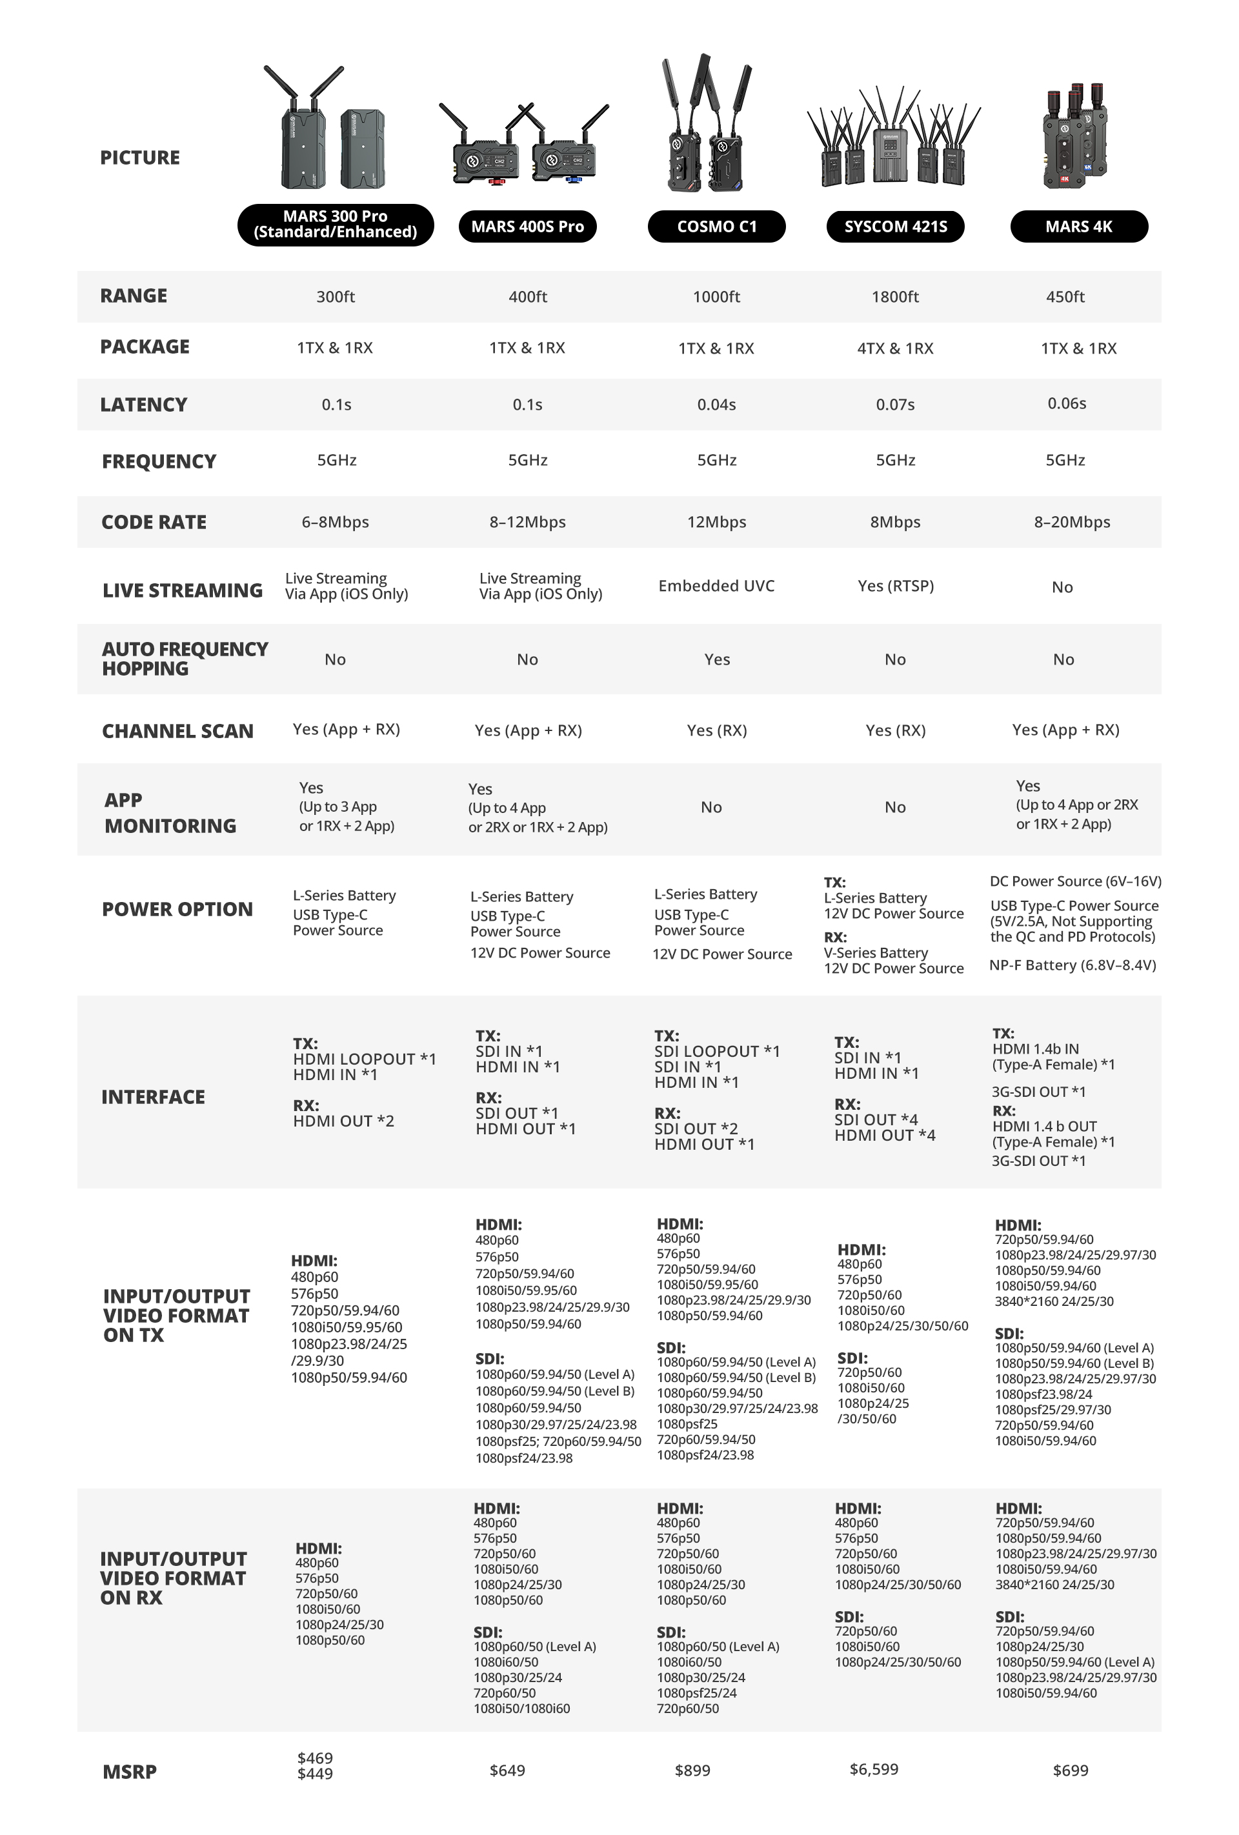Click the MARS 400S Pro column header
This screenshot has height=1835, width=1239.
pos(527,226)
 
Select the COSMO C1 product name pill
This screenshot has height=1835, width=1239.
pos(716,226)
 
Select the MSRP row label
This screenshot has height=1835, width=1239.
pos(130,1772)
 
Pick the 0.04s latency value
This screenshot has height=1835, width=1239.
pos(716,405)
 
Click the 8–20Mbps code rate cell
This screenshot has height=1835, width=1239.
pos(1072,522)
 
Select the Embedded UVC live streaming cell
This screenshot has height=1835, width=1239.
pos(716,586)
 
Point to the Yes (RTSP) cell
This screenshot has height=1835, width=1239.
pos(896,586)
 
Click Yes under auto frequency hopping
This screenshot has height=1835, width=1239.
pos(717,659)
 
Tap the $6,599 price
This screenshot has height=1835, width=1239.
pos(873,1769)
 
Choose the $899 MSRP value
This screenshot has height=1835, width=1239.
pos(692,1771)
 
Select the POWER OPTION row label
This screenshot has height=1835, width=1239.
pos(177,910)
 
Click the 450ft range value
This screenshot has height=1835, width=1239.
pos(1065,297)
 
